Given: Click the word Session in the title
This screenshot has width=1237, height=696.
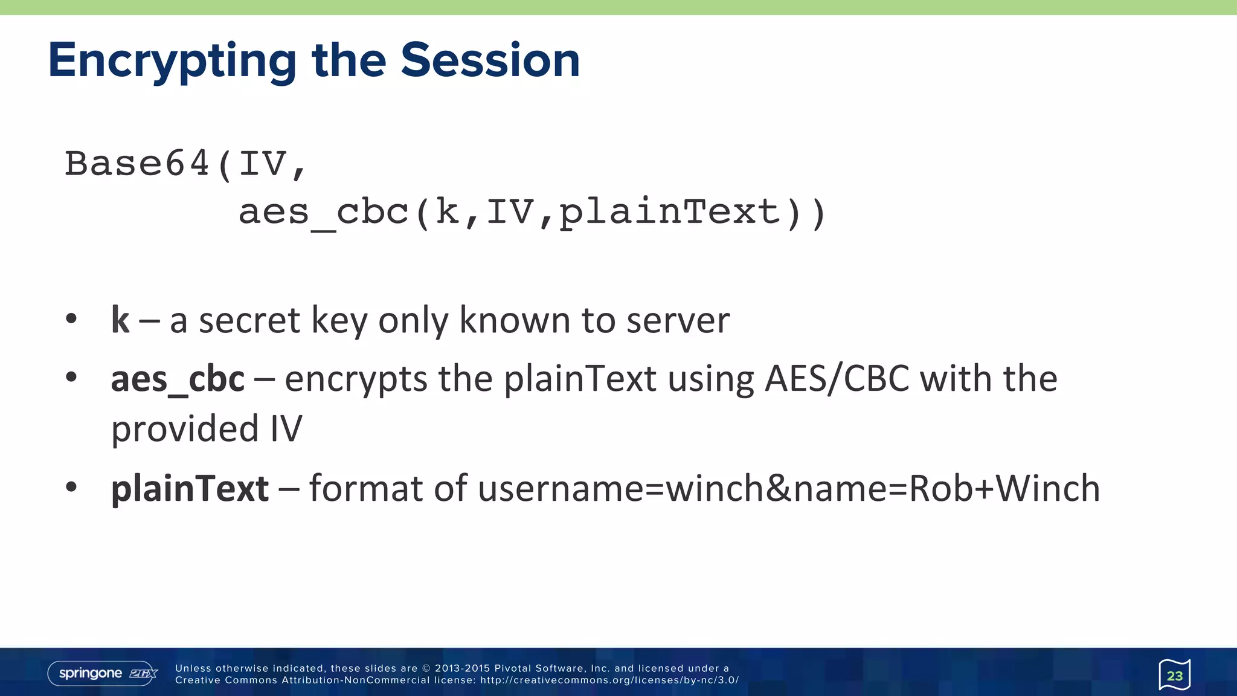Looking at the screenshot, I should pyautogui.click(x=490, y=60).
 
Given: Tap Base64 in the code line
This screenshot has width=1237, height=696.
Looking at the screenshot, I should pyautogui.click(x=137, y=164).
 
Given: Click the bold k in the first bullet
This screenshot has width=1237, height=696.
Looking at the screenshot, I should pyautogui.click(x=120, y=320).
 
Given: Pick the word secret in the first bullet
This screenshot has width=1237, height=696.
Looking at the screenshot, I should pyautogui.click(x=249, y=321).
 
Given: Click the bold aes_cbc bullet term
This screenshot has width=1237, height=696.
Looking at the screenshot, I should pyautogui.click(x=178, y=380).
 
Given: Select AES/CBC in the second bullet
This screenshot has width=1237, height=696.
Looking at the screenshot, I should pyautogui.click(x=837, y=379).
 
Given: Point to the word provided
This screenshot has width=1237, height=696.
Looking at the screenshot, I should pyautogui.click(x=185, y=430).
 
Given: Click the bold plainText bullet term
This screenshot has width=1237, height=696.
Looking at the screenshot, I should pyautogui.click(x=190, y=489).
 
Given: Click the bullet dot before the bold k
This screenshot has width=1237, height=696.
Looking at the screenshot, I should pyautogui.click(x=71, y=318).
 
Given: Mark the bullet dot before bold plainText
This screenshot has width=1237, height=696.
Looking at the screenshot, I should pyautogui.click(x=71, y=486).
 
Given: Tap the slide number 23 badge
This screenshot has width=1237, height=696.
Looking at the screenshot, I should pyautogui.click(x=1174, y=675).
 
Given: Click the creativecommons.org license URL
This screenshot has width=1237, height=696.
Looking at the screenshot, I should pyautogui.click(x=609, y=680).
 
